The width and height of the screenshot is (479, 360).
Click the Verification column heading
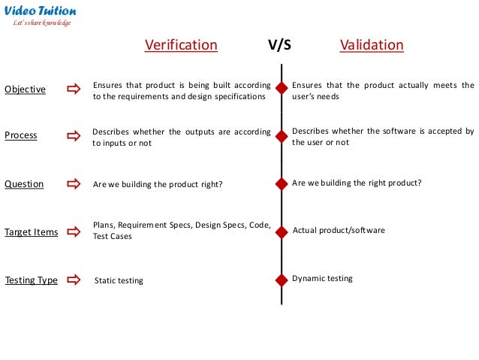pos(181,45)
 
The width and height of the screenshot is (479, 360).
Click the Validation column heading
pos(372,45)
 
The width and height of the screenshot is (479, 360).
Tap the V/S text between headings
pos(279,45)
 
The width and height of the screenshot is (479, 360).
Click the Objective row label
pos(25,89)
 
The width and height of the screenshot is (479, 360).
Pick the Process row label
pos(21,136)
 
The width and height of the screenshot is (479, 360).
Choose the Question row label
pos(24,183)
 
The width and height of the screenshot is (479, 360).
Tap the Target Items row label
pos(31,232)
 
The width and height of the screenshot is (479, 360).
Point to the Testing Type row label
pos(31,280)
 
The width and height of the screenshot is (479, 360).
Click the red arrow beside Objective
pos(74,89)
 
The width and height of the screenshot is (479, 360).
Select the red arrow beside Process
pos(74,136)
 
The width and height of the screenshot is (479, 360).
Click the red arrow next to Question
pos(74,183)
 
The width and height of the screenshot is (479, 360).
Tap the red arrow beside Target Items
pos(74,232)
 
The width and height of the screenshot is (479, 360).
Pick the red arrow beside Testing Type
pos(74,280)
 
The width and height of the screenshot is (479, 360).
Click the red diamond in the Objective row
pos(282,89)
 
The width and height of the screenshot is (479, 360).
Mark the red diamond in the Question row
pos(282,183)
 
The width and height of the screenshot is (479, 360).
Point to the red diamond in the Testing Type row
pos(282,279)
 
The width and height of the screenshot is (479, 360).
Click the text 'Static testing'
pos(119,281)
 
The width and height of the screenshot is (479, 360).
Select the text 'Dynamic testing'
pos(322,278)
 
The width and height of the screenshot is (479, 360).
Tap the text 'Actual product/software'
pos(338,231)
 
